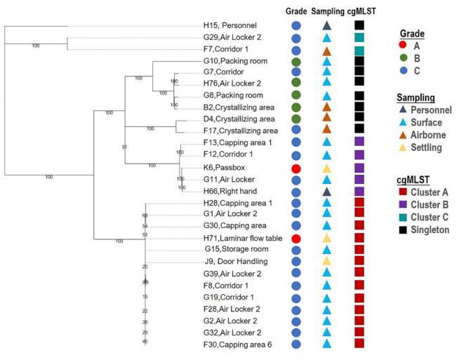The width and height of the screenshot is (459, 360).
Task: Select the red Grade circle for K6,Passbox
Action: pyautogui.click(x=296, y=170)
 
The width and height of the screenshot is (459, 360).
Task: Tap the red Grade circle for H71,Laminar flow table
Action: pyautogui.click(x=296, y=239)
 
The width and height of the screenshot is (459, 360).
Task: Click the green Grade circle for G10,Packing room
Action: pyautogui.click(x=296, y=62)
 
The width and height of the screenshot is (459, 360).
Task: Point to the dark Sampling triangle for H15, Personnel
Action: pyautogui.click(x=327, y=25)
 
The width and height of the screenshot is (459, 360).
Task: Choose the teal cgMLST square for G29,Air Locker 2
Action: pyautogui.click(x=359, y=37)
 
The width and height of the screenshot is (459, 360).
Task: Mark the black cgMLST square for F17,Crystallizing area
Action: pyautogui.click(x=359, y=129)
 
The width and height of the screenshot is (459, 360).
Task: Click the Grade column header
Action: pyautogui.click(x=296, y=10)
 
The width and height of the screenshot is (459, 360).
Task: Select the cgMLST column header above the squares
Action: pyautogui.click(x=360, y=10)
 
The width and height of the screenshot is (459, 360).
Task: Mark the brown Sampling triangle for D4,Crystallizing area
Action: pyautogui.click(x=327, y=118)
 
